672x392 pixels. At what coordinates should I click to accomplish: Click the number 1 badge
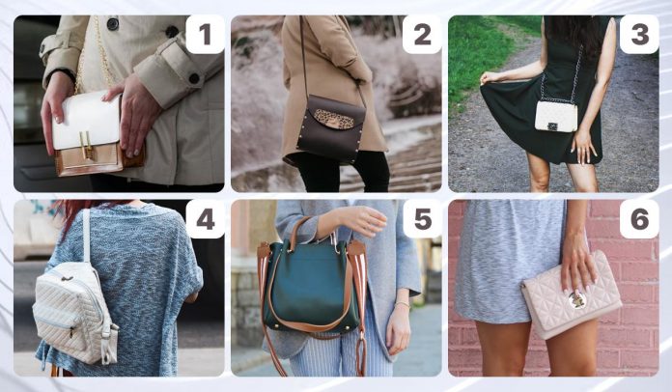tap(205, 34)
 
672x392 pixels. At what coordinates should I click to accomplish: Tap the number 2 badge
tap(422, 34)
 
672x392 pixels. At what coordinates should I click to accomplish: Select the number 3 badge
tap(639, 34)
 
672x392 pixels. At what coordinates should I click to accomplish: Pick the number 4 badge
tap(205, 219)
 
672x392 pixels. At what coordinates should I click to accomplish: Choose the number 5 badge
tap(422, 219)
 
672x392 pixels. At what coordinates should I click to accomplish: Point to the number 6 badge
tap(639, 219)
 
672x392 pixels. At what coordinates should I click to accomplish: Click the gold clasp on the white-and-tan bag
tap(87, 145)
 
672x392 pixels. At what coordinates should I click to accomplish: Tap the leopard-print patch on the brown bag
tap(334, 119)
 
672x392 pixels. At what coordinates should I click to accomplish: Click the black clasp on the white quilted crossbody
tap(553, 126)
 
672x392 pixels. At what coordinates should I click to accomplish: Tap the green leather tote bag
tap(312, 285)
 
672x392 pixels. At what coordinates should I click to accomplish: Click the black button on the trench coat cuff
tap(194, 78)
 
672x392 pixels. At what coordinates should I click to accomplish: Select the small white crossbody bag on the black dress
tap(556, 116)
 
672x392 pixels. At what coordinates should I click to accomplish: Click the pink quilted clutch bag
tap(572, 295)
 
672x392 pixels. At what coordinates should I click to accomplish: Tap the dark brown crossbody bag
tap(330, 127)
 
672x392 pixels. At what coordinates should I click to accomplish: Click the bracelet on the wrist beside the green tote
tap(402, 304)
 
